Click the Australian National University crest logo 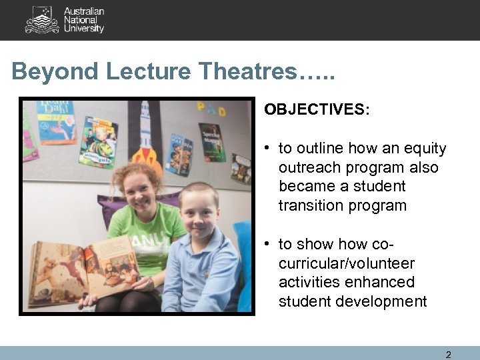click(42, 20)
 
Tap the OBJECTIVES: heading click(316, 109)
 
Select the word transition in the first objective click(313, 206)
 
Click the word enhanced click(380, 283)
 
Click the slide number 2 click(448, 355)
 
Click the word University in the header click(84, 29)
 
